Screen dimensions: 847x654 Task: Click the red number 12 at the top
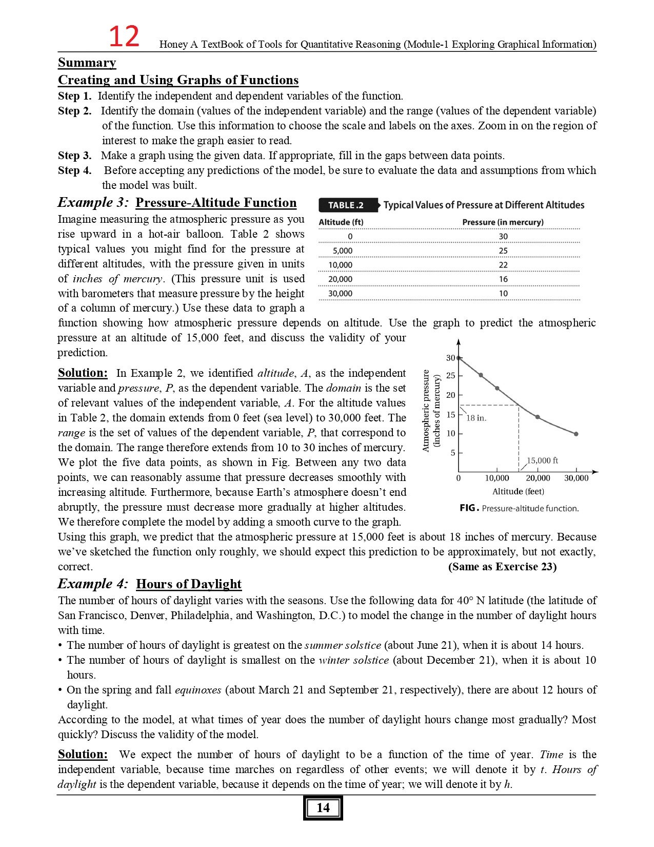coord(124,37)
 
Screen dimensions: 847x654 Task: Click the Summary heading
coord(87,63)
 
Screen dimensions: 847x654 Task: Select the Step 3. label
coord(74,156)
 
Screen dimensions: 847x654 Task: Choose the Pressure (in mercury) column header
coord(503,222)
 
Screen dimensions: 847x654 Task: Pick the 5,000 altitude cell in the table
coord(342,251)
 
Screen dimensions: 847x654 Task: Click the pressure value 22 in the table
coord(503,265)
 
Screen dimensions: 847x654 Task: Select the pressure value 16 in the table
coord(503,279)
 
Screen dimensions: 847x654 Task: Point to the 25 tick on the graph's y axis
coord(451,376)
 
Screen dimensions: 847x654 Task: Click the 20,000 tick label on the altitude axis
coord(538,478)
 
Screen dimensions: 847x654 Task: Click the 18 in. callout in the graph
coord(477,418)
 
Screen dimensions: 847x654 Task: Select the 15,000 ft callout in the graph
coord(542,460)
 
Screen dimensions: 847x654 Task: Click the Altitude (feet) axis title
coord(518,492)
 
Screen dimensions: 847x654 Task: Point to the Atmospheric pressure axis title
coord(425,411)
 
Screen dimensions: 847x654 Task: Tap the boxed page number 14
coord(323,807)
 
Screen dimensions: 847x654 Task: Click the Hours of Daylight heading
coord(188,584)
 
